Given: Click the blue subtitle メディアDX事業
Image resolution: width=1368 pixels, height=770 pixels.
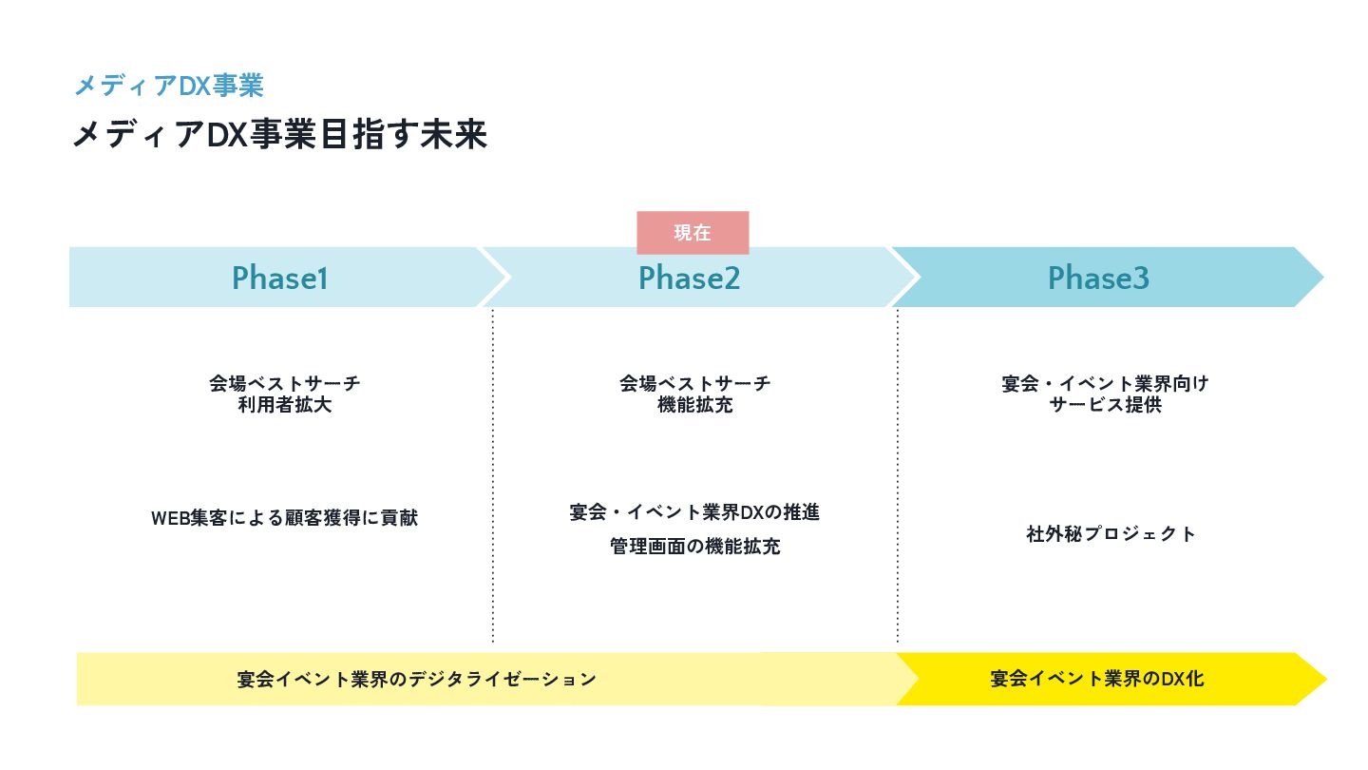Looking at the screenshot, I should (x=168, y=86).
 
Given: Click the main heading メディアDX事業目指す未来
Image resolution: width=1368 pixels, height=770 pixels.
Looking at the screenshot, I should (x=279, y=135).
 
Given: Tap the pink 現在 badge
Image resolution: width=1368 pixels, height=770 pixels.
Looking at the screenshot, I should (x=693, y=233).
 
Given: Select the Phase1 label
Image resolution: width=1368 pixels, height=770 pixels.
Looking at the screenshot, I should (x=279, y=278).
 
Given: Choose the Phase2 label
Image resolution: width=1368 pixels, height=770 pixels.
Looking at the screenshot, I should (x=689, y=278).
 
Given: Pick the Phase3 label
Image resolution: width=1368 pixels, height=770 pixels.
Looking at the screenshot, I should (x=1098, y=278).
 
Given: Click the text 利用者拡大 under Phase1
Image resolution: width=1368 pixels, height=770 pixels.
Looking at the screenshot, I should (x=285, y=405).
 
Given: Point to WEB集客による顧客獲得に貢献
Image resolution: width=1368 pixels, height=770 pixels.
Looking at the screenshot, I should (x=284, y=518).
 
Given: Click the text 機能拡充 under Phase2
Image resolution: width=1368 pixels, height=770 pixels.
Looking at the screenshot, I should (x=694, y=405).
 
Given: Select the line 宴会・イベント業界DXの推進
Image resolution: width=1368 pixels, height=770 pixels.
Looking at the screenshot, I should (x=693, y=512).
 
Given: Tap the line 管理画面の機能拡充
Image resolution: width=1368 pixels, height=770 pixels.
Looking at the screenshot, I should (x=694, y=547).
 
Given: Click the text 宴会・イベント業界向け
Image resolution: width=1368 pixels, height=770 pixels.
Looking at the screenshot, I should (x=1105, y=383).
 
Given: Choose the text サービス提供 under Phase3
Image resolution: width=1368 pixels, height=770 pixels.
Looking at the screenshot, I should (x=1105, y=405).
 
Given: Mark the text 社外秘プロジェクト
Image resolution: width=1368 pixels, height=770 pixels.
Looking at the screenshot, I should (x=1111, y=533).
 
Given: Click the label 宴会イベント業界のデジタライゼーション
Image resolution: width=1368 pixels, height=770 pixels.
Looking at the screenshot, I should (x=416, y=679).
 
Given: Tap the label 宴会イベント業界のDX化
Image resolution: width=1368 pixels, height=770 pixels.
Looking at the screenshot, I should (x=1096, y=679).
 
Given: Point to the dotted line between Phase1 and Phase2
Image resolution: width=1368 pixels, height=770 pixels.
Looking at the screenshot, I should (x=493, y=475).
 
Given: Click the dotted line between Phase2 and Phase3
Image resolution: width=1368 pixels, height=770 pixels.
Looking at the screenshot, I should (x=898, y=475).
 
